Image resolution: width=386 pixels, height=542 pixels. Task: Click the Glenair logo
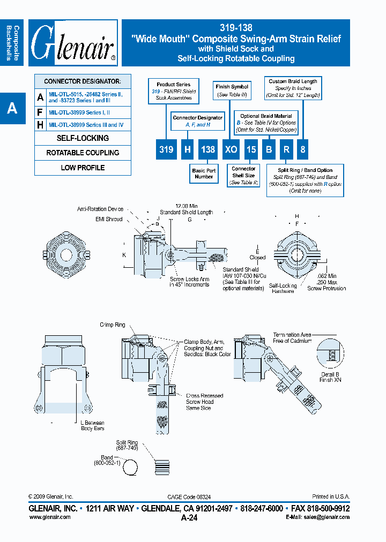[73, 43]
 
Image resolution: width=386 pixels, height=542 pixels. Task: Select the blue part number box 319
[166, 149]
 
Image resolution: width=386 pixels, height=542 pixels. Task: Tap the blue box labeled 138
[208, 149]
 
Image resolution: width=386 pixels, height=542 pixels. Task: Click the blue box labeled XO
[231, 149]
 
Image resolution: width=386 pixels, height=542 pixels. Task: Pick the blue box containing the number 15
[251, 149]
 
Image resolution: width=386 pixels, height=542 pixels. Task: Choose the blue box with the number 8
[303, 149]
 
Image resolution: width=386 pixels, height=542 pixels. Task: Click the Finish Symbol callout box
[232, 90]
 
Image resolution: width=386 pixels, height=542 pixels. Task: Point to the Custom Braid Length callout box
[293, 88]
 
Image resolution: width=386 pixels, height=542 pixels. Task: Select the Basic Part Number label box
[204, 174]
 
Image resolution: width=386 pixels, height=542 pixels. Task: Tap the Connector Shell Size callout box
[243, 176]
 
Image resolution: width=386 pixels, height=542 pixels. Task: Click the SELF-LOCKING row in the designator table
[83, 138]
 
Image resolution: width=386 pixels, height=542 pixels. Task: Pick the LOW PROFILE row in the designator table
[83, 168]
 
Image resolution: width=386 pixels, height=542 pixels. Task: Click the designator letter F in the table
[40, 112]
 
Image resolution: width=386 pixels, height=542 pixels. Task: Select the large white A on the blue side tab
[12, 109]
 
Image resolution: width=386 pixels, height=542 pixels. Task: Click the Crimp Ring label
[113, 325]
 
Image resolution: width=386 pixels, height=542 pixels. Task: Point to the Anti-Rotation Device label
[100, 209]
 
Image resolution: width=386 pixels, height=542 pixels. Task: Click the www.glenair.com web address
[49, 517]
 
